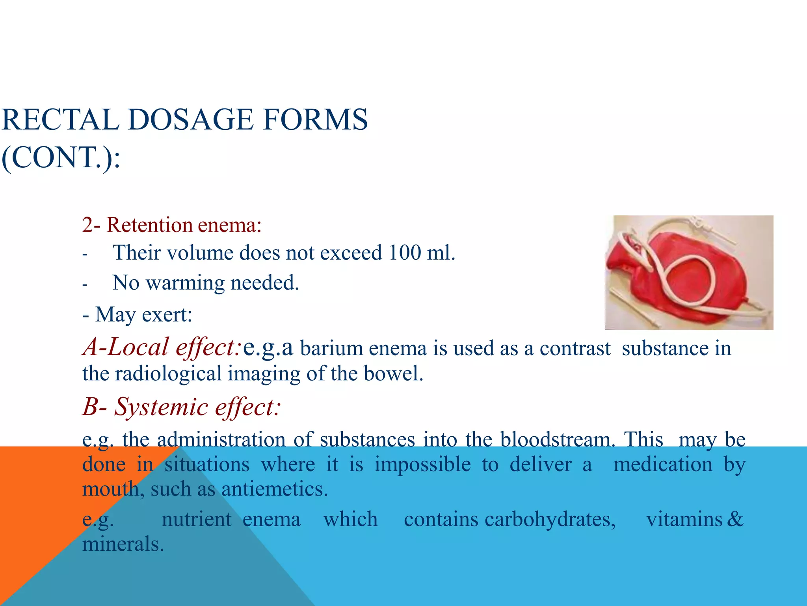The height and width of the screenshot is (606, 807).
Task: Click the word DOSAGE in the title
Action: coord(190,120)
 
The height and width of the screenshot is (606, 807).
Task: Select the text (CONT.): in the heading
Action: coord(61,157)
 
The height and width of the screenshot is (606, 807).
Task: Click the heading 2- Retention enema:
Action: coord(172,225)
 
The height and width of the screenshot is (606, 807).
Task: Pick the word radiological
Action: coord(168,373)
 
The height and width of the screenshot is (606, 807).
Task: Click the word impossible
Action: coord(422,464)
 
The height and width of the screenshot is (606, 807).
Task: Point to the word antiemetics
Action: coord(274,489)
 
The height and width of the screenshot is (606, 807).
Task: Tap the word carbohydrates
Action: coord(550,519)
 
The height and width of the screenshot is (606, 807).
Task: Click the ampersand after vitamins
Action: coord(735,519)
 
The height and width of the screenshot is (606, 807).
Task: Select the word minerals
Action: coord(123,544)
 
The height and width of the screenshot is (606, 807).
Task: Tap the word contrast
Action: coord(575,348)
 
